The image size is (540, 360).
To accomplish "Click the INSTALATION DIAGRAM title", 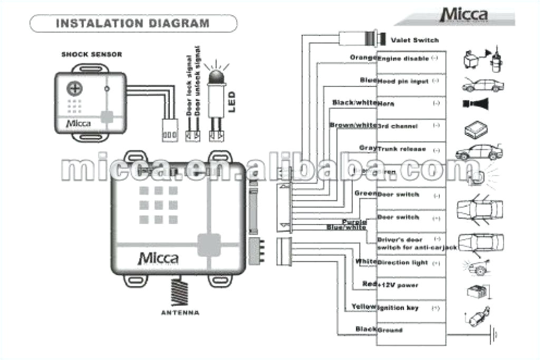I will pos(132,24).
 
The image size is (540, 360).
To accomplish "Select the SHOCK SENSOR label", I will pos(92,54).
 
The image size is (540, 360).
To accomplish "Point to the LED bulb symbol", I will pos(216,77).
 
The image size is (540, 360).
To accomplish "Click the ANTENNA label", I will pos(180,313).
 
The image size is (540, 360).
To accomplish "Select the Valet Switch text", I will pos(414,40).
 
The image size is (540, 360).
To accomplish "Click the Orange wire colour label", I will pos(363,57).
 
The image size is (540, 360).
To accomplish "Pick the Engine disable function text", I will pos(403,59).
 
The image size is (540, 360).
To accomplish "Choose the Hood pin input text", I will pos(401,81).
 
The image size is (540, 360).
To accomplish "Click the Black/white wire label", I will pos(354,102).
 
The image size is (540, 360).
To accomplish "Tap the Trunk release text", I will pos(401,149).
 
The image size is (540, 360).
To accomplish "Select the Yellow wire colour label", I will pos(364,307).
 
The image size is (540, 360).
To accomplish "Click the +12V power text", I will pos(398,285).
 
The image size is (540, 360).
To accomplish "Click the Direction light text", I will pos(402,262).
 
